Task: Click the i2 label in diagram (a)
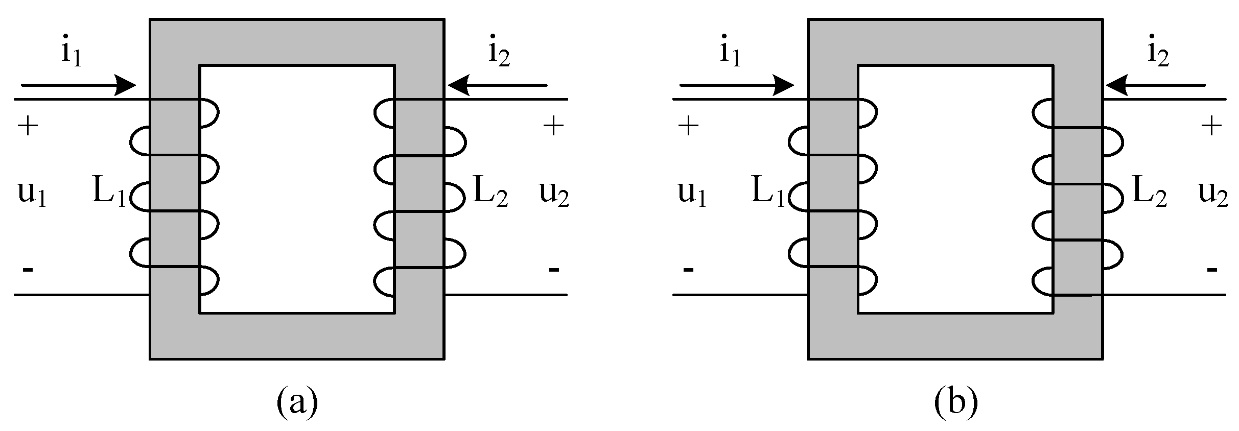[499, 53]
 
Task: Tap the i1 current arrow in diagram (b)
[736, 85]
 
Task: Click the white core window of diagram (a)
[297, 189]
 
